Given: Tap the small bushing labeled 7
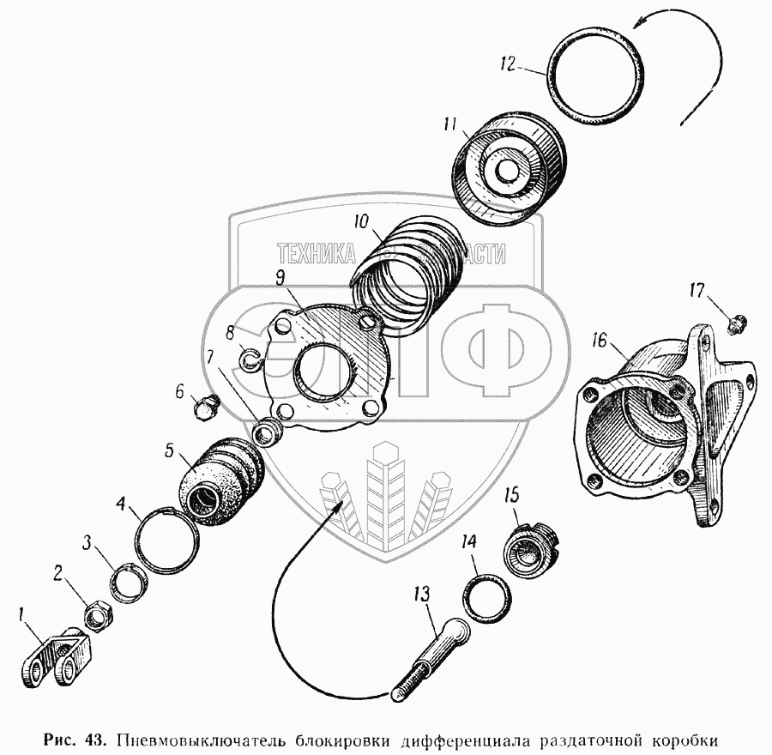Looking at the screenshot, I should point(270,430).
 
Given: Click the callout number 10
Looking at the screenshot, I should point(360,222).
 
